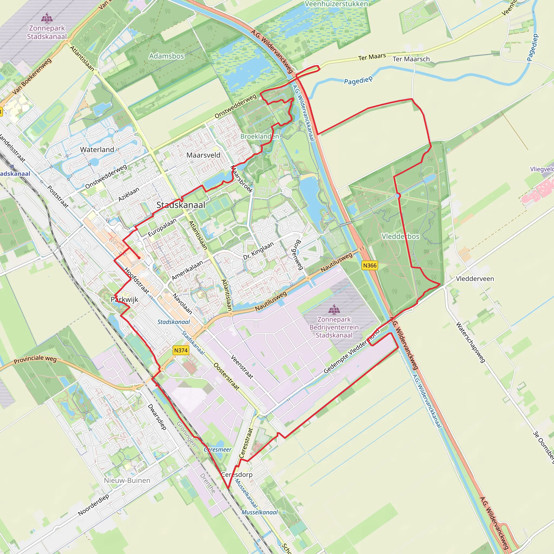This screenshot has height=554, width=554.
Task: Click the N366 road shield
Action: click(x=370, y=265)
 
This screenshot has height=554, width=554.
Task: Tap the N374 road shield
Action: click(x=181, y=350)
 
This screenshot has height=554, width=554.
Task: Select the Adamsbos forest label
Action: click(x=166, y=56)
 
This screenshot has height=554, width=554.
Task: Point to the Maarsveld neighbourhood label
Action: click(x=203, y=155)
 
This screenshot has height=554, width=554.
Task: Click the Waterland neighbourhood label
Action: click(x=97, y=149)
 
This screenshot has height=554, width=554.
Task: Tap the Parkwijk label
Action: click(x=124, y=299)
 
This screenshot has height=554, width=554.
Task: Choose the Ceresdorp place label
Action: click(x=237, y=474)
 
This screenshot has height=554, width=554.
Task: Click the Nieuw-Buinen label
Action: click(x=127, y=480)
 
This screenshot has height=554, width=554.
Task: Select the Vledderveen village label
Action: click(x=475, y=279)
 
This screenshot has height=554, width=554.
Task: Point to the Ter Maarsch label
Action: click(x=411, y=59)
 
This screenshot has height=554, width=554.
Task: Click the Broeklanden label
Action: click(x=259, y=136)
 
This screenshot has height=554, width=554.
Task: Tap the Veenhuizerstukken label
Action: click(x=336, y=4)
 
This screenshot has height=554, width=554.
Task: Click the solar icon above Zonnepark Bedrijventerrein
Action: click(x=334, y=309)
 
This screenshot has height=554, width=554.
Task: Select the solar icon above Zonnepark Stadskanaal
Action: click(x=47, y=18)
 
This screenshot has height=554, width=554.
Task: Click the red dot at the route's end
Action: click(x=139, y=258)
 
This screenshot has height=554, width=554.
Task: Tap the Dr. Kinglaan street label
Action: click(x=258, y=251)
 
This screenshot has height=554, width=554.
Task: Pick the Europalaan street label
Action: click(x=162, y=227)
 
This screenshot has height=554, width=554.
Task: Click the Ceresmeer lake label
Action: click(x=218, y=450)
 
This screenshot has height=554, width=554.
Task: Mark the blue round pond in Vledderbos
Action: click(x=397, y=196)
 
